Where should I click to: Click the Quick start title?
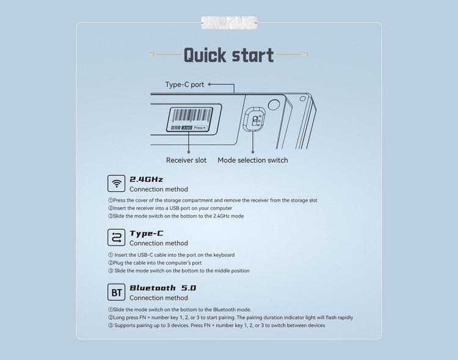click(229, 55)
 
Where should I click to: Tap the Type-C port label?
click(184, 84)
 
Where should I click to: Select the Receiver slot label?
click(186, 160)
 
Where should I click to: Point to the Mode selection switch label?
click(253, 160)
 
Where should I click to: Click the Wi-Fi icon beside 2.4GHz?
click(116, 183)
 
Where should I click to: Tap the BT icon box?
click(116, 292)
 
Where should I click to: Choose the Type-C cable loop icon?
click(116, 238)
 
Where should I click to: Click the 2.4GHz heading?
click(146, 179)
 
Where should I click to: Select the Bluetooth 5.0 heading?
click(162, 288)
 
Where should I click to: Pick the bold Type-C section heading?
click(147, 233)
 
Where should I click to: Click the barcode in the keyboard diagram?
click(192, 116)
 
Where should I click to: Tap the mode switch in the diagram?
click(255, 119)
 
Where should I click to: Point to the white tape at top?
click(229, 23)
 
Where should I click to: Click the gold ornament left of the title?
click(152, 54)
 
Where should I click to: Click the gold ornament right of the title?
click(306, 54)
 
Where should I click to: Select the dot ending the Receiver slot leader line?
click(189, 152)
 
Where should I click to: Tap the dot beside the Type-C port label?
click(209, 84)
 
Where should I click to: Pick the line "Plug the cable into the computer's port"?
click(155, 263)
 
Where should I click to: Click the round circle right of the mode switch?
click(274, 105)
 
